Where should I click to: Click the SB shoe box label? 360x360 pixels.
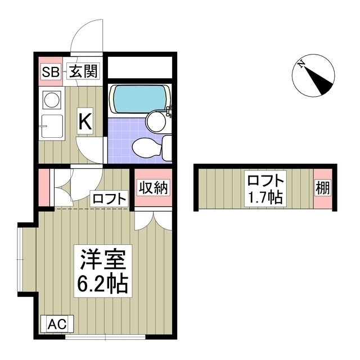coord(51,71)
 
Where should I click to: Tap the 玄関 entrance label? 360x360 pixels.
coord(84,71)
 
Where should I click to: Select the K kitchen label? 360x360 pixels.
coord(85,121)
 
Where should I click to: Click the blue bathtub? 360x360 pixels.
coord(140,99)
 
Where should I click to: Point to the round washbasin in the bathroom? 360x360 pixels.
coord(156,121)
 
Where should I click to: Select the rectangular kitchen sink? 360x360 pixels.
coord(52,126)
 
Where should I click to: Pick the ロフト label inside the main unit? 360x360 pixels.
coord(109,199)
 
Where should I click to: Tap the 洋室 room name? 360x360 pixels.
coord(102,259)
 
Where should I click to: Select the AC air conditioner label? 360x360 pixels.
coord(57,324)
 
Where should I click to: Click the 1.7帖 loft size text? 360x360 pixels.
coord(265,197)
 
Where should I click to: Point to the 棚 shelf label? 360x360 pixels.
coord(323,187)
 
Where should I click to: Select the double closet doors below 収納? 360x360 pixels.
coord(153,220)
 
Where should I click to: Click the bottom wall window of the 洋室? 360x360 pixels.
coord(105,337)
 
